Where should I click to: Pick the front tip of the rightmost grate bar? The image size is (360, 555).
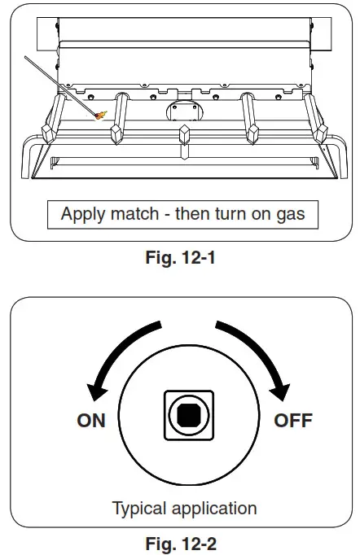coord(322,132)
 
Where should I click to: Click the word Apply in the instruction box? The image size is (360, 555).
coord(81,216)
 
